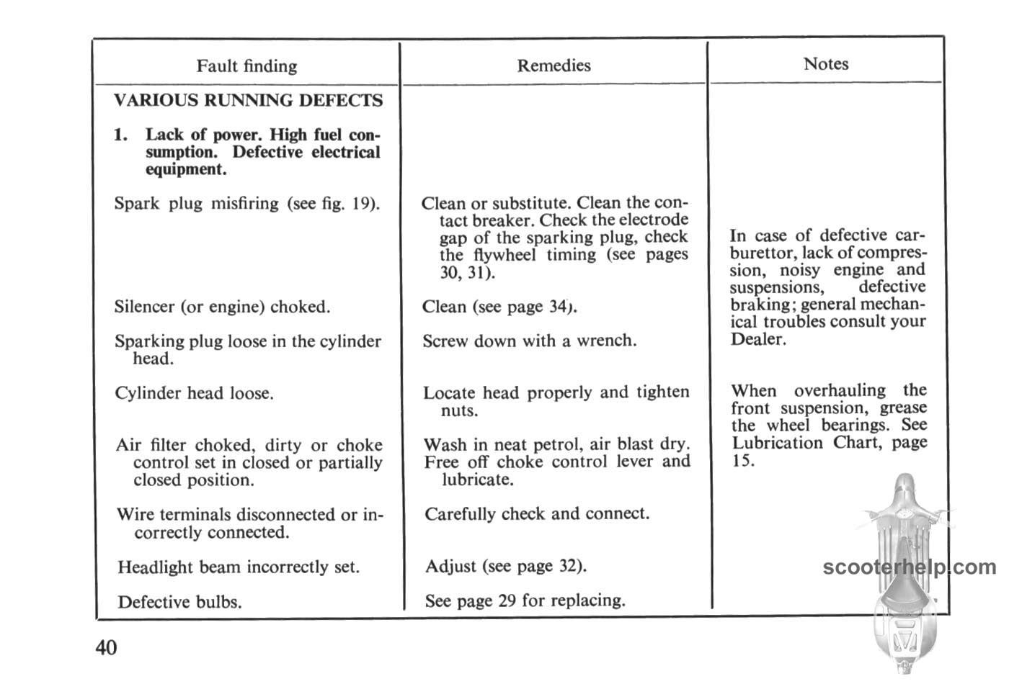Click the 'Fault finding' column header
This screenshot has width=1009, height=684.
[246, 66]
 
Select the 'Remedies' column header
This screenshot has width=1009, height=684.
[554, 66]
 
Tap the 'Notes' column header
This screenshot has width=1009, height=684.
[826, 64]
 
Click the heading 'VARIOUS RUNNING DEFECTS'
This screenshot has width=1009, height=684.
[248, 100]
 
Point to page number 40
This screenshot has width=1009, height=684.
[106, 648]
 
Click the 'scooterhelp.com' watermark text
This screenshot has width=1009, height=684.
[909, 567]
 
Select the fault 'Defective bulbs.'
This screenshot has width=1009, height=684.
[179, 602]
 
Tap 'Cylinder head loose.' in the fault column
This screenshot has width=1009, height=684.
[194, 394]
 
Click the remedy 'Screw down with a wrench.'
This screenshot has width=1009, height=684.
[529, 341]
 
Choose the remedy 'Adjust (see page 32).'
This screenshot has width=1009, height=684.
[505, 566]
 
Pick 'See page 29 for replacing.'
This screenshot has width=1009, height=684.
[525, 600]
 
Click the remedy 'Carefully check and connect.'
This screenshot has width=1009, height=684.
[537, 514]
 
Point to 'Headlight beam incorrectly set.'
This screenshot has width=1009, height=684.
[238, 567]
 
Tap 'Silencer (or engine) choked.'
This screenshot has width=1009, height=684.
[222, 307]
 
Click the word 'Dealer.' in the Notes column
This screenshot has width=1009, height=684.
[757, 339]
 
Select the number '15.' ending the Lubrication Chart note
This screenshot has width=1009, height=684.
[743, 461]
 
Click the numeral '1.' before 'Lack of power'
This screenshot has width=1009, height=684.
[121, 135]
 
